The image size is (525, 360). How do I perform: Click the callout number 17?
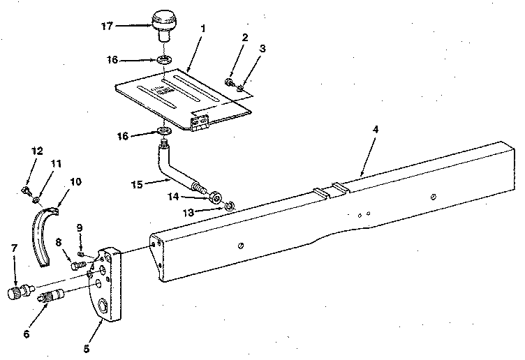click(x=107, y=26)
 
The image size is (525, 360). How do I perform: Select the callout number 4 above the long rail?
click(x=376, y=129)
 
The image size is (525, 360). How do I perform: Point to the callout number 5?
click(x=87, y=349)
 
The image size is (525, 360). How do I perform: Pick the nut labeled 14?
click(x=214, y=197)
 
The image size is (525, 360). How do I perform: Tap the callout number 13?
click(x=188, y=213)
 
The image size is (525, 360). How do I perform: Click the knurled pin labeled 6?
click(x=51, y=296)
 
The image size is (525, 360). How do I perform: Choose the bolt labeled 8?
click(x=77, y=266)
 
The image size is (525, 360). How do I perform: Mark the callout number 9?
click(x=80, y=228)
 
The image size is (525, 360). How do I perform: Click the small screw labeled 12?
click(x=26, y=191)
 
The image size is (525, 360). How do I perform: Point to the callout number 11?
click(x=56, y=164)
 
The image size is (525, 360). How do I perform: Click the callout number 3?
click(x=262, y=49)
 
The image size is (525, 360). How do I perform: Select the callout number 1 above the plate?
click(x=202, y=29)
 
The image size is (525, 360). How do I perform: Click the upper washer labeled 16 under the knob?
click(x=165, y=60)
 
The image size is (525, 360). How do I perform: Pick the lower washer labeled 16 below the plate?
click(x=164, y=130)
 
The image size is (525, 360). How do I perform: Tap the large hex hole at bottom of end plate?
click(x=103, y=306)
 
